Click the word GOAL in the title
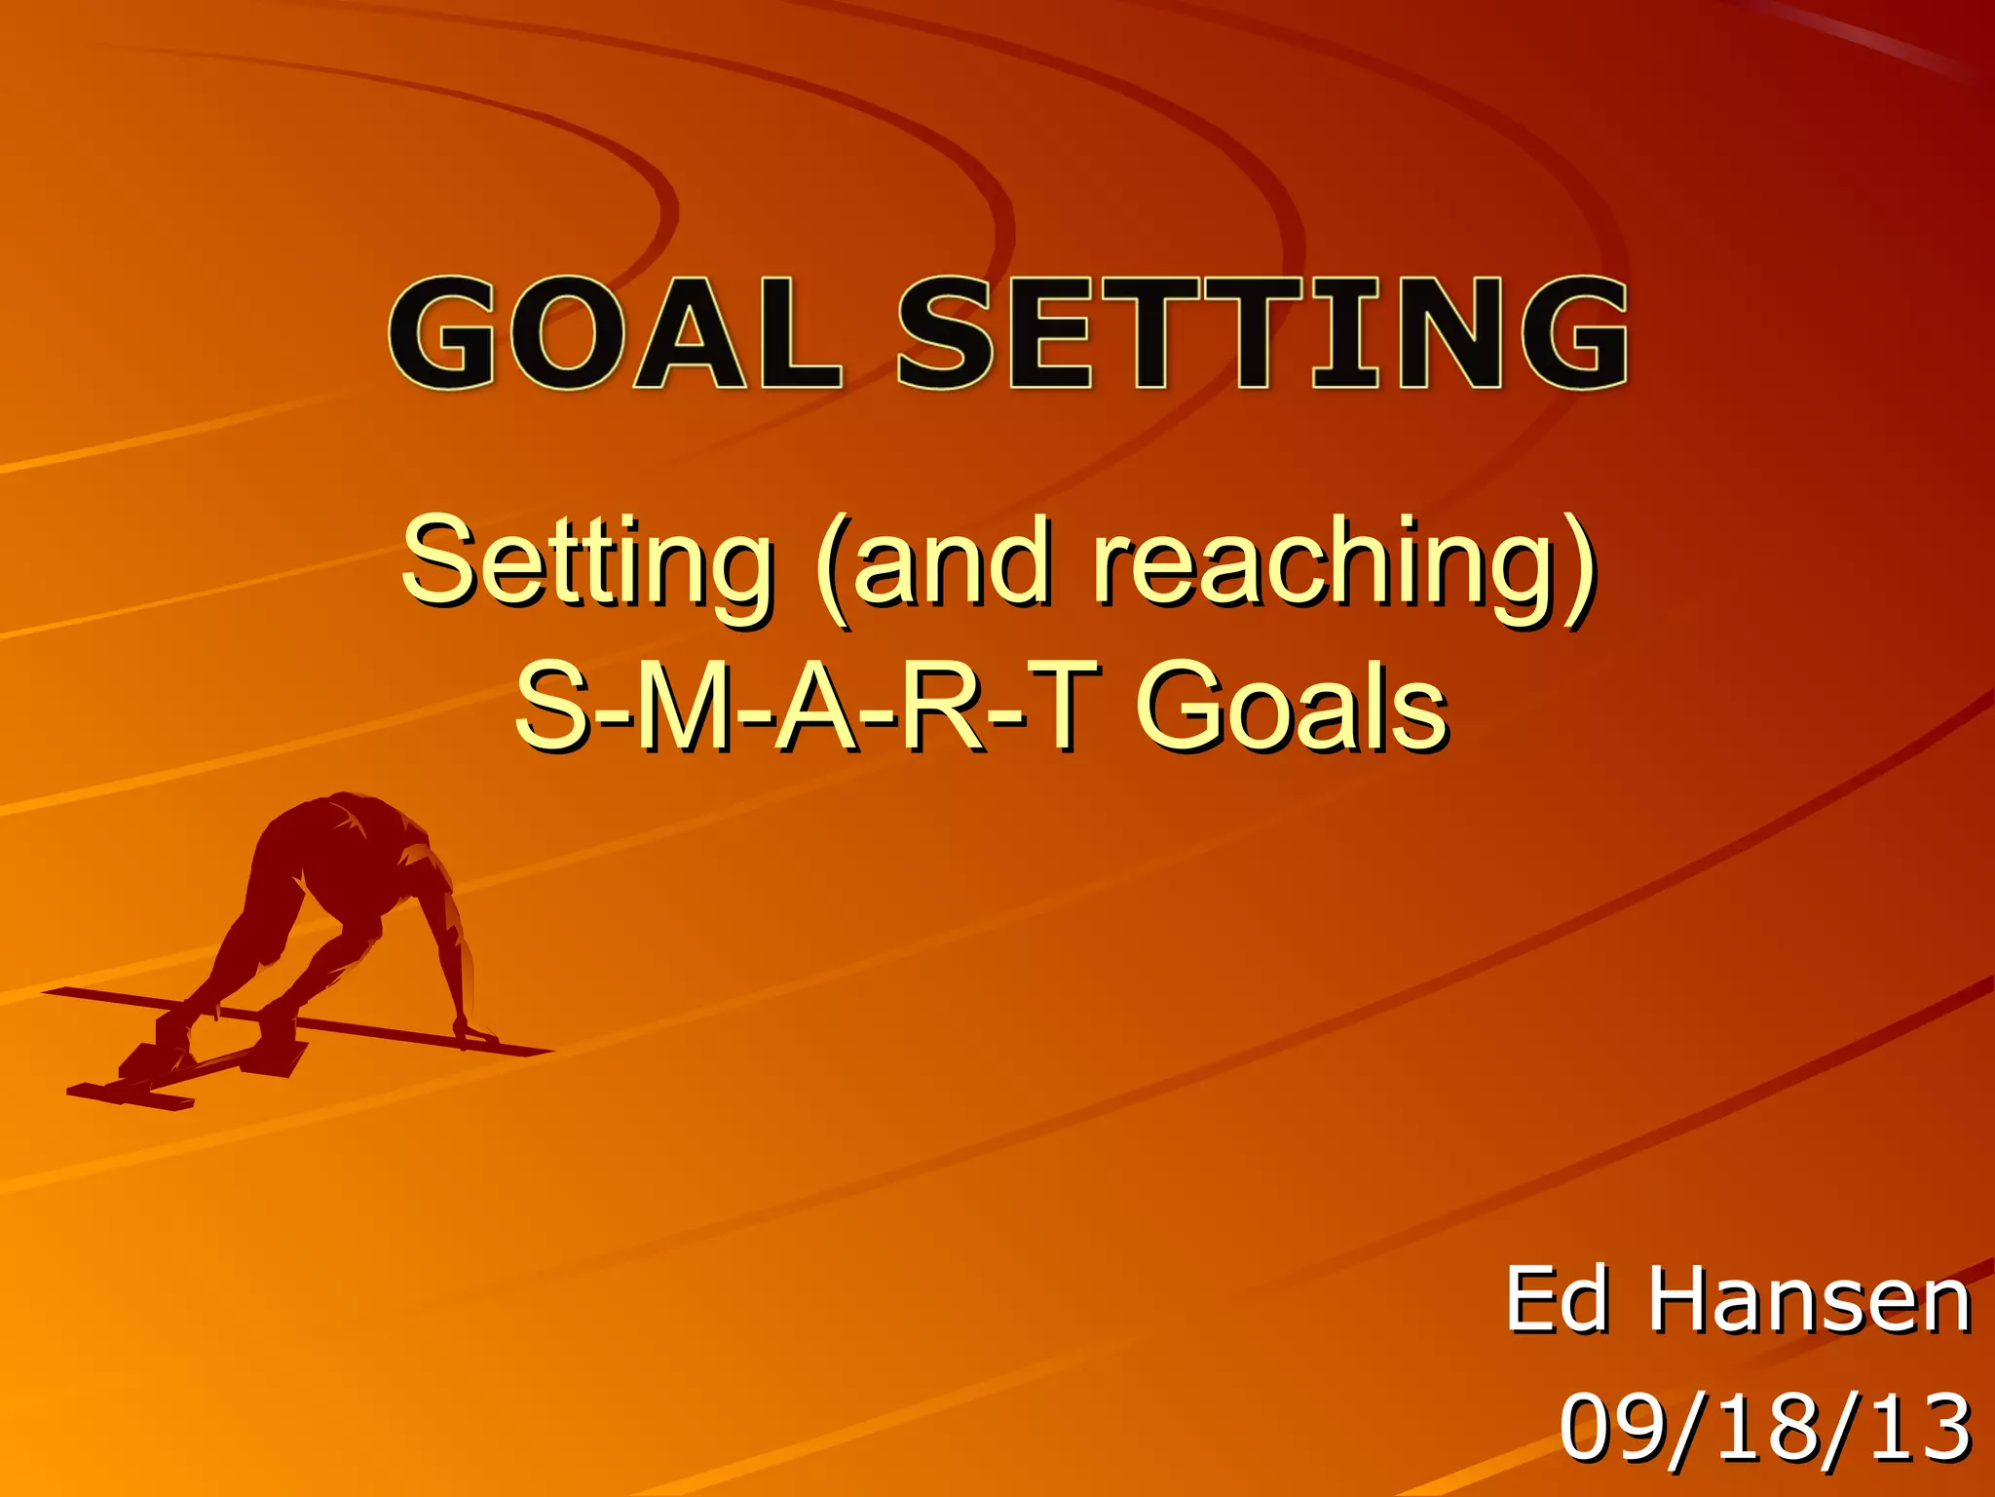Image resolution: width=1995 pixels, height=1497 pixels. click(x=614, y=333)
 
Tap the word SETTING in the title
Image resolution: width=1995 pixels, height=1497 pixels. click(x=1262, y=333)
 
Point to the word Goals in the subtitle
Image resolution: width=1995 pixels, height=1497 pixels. click(x=1292, y=707)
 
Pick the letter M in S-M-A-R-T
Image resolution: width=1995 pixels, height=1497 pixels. click(x=688, y=707)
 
